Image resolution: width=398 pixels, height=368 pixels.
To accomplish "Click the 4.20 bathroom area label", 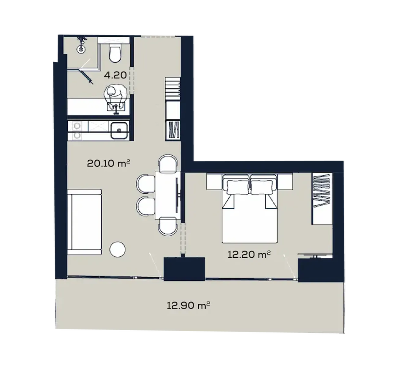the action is pos(115,75).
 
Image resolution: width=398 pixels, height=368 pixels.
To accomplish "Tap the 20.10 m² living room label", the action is pos(108,164).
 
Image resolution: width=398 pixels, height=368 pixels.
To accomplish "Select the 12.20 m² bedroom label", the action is pos(249,255).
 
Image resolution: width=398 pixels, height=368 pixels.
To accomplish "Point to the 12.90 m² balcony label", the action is pos(188,305).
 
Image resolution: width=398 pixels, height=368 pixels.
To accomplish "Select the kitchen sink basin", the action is pos(119,131).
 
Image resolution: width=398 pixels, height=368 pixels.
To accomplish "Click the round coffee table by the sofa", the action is pos(118,249).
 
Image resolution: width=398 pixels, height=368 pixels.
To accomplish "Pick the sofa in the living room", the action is pos(84,222).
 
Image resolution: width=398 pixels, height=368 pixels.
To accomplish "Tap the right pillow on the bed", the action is pos(262,187).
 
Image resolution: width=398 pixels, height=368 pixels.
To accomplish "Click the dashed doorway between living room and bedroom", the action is pos(182,238).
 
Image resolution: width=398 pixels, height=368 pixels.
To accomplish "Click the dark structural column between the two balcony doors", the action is pos(184,269).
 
